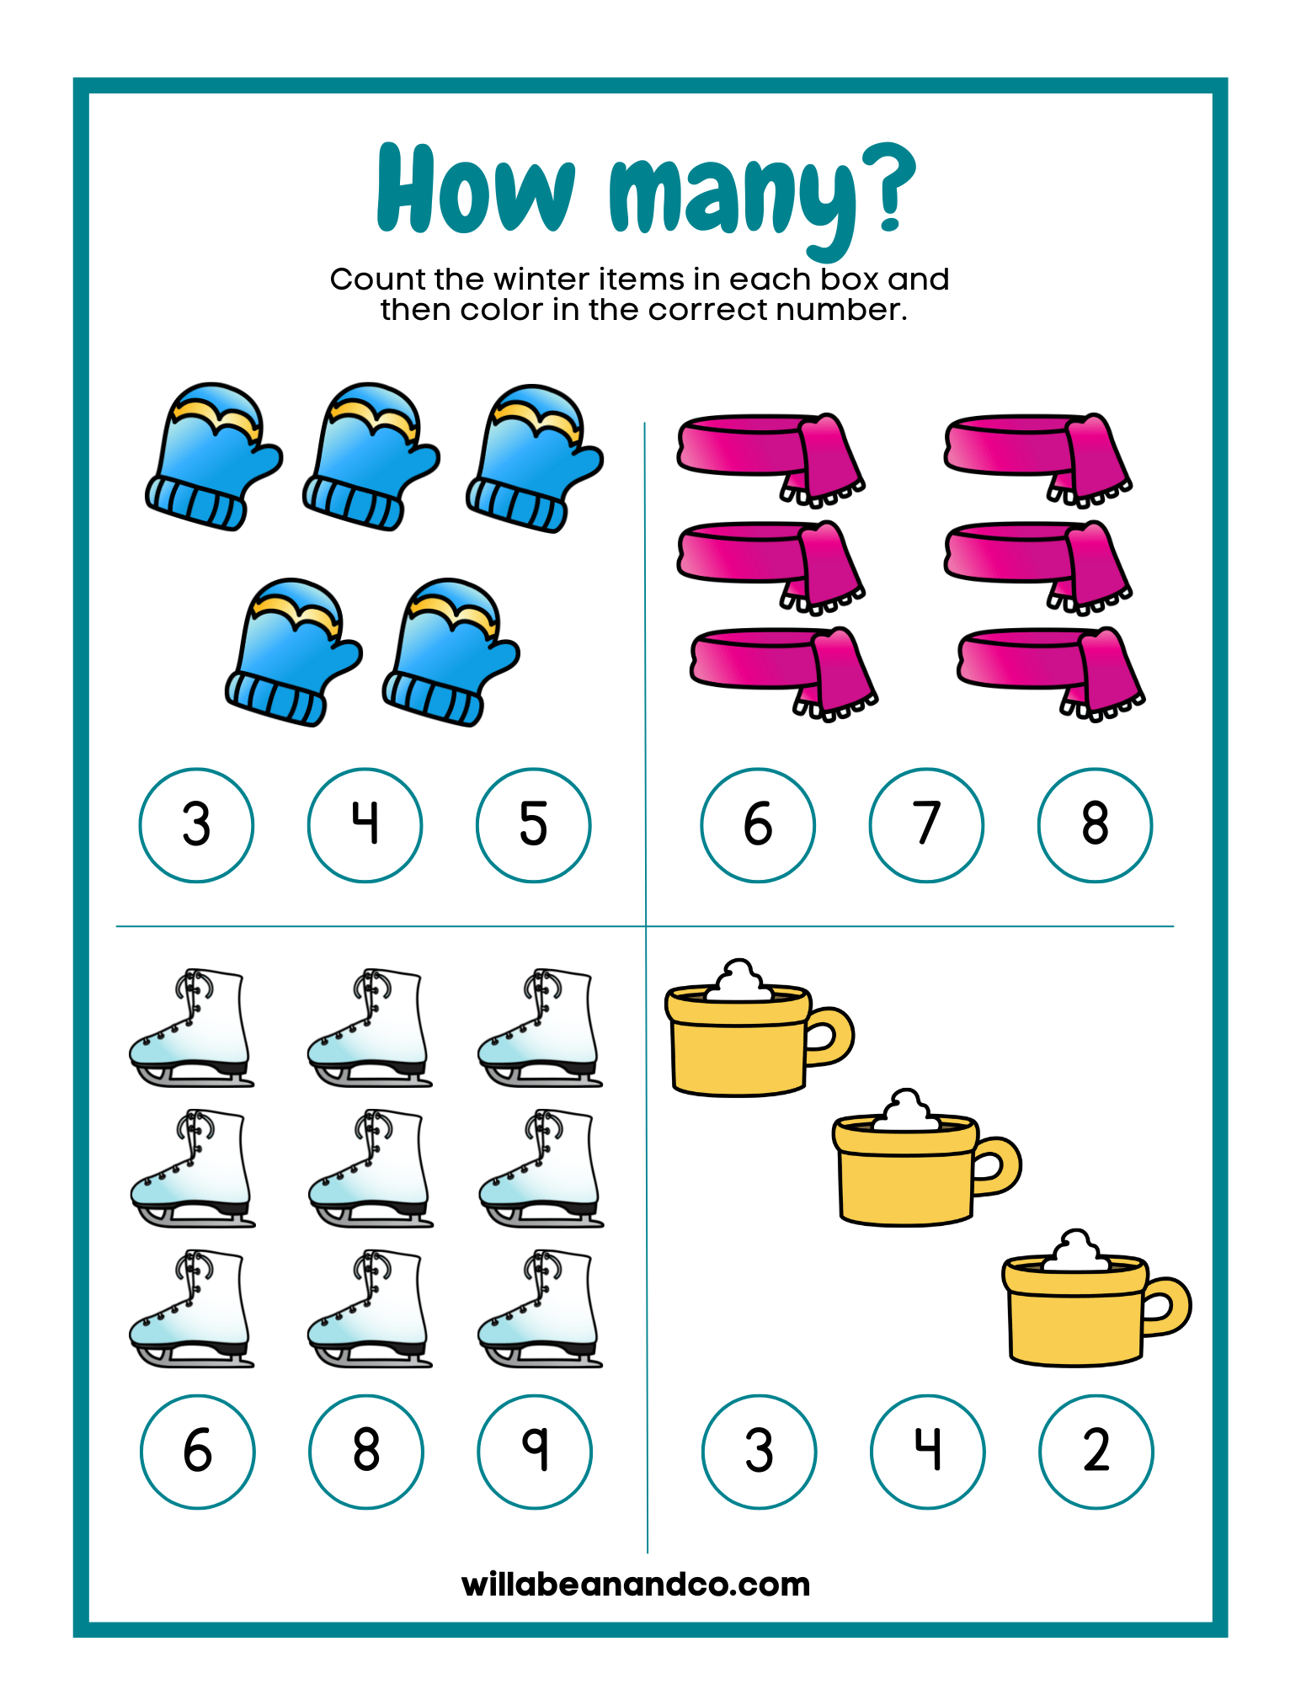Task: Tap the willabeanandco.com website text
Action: point(636,1584)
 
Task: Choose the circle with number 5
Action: point(534,825)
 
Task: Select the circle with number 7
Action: point(926,825)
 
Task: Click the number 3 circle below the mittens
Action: point(196,825)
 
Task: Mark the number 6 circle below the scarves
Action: point(758,825)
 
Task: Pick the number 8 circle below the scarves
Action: point(1096,825)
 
